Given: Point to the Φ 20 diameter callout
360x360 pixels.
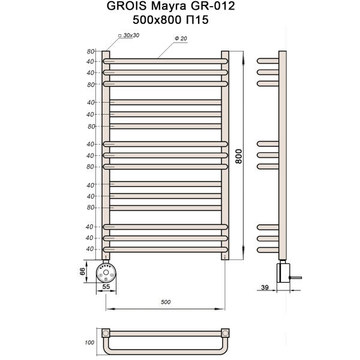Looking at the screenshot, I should pyautogui.click(x=181, y=38).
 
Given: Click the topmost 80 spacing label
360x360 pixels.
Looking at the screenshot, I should pyautogui.click(x=91, y=51).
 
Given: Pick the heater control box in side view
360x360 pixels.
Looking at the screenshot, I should pyautogui.click(x=282, y=273).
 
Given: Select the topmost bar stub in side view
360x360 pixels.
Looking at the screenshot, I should pyautogui.click(x=267, y=61).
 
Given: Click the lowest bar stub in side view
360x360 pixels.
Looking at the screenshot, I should pyautogui.click(x=267, y=249).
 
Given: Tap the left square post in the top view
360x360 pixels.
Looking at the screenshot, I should pyautogui.click(x=106, y=332).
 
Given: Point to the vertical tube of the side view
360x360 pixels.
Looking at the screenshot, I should pyautogui.click(x=283, y=156).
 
